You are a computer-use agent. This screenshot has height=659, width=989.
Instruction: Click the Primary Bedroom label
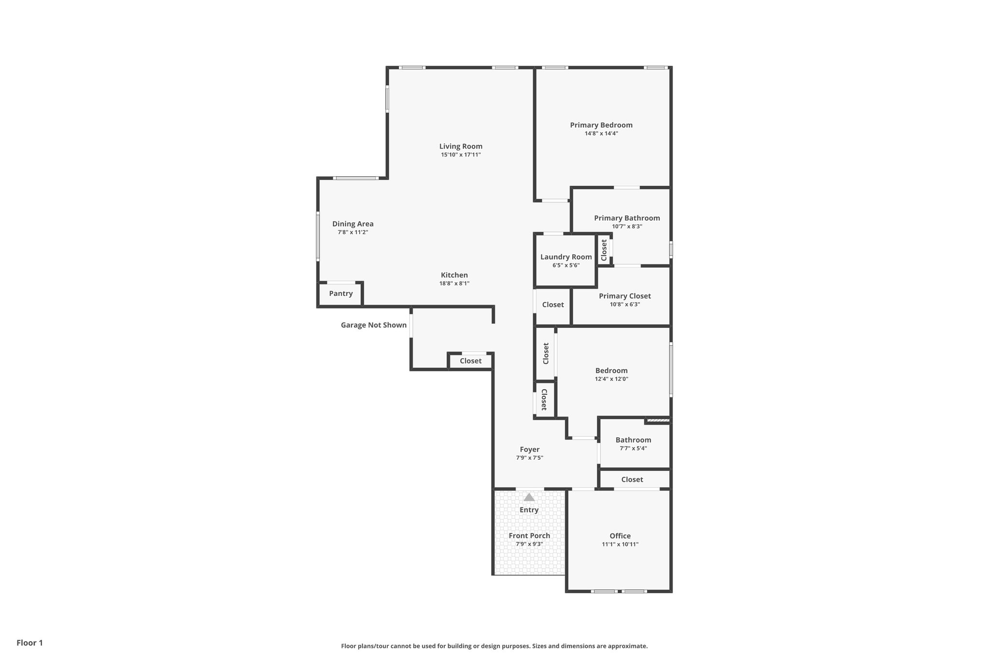coord(601,125)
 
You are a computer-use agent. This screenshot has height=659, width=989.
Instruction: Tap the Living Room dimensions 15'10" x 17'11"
coord(460,155)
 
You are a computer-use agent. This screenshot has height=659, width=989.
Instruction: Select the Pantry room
coord(340,294)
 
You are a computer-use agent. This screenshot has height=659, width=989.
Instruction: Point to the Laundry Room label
coord(566,257)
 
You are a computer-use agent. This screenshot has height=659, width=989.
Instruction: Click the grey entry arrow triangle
coord(529,497)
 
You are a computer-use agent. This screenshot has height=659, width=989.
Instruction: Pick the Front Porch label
coord(529,535)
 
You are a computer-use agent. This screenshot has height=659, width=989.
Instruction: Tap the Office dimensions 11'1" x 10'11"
coord(620,544)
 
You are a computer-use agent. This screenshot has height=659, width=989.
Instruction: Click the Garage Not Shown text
coord(373,325)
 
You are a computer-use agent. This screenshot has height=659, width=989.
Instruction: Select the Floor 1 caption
coord(29,643)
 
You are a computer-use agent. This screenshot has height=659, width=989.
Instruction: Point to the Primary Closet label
coord(625,296)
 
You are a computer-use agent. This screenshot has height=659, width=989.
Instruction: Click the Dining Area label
coord(353,224)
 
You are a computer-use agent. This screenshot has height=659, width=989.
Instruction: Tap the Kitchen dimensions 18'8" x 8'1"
coord(454,283)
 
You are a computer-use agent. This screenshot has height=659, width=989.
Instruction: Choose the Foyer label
coord(529,449)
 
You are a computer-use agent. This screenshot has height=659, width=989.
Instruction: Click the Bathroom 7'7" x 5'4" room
coord(633,444)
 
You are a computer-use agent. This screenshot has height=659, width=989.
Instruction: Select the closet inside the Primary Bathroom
coord(604,250)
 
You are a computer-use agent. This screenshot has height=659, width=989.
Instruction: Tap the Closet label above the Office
coord(632,479)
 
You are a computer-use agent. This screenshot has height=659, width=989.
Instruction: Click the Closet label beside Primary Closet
coord(552,305)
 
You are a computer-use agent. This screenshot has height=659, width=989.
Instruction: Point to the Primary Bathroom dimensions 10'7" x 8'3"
coord(627,226)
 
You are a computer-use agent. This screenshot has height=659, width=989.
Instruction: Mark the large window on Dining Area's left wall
coord(318,237)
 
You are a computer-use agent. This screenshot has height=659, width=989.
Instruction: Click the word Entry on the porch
coord(529,510)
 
